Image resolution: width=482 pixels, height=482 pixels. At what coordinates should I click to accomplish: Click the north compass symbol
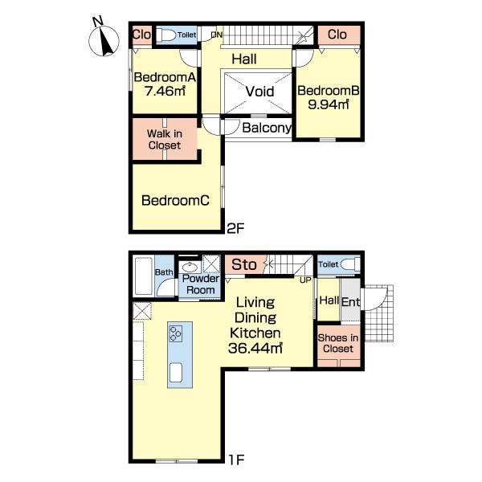(104, 39)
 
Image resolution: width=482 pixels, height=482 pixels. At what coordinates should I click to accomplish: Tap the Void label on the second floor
(259, 92)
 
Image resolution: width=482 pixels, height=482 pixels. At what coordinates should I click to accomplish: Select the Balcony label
(267, 128)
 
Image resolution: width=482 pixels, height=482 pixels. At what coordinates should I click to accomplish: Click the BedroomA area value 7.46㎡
(165, 91)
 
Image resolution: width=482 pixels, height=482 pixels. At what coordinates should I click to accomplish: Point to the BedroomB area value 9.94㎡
(329, 104)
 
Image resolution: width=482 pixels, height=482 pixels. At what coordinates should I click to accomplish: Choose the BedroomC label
(175, 200)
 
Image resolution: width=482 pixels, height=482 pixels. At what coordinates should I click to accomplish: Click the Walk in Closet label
(165, 139)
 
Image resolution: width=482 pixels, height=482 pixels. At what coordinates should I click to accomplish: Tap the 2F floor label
(235, 228)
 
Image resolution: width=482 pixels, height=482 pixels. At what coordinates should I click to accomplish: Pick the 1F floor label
(236, 460)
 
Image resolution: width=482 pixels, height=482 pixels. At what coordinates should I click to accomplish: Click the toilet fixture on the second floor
(166, 35)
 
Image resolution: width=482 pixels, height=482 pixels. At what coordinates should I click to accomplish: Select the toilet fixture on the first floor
(350, 264)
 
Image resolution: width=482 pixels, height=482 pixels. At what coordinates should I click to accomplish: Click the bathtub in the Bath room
(144, 276)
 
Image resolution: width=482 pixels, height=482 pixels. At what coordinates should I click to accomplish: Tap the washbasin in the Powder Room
(190, 267)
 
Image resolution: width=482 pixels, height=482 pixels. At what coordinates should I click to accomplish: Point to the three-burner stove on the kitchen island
(175, 334)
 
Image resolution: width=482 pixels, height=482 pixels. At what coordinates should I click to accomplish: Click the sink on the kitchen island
(175, 373)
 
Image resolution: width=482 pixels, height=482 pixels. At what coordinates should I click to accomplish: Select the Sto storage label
(244, 264)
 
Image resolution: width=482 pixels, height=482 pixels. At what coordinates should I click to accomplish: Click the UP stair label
(305, 280)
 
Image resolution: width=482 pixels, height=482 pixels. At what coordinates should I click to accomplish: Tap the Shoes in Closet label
(338, 343)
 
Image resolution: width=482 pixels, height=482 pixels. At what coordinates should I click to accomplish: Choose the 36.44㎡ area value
(255, 348)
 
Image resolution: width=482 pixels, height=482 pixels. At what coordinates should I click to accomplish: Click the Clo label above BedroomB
(337, 35)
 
